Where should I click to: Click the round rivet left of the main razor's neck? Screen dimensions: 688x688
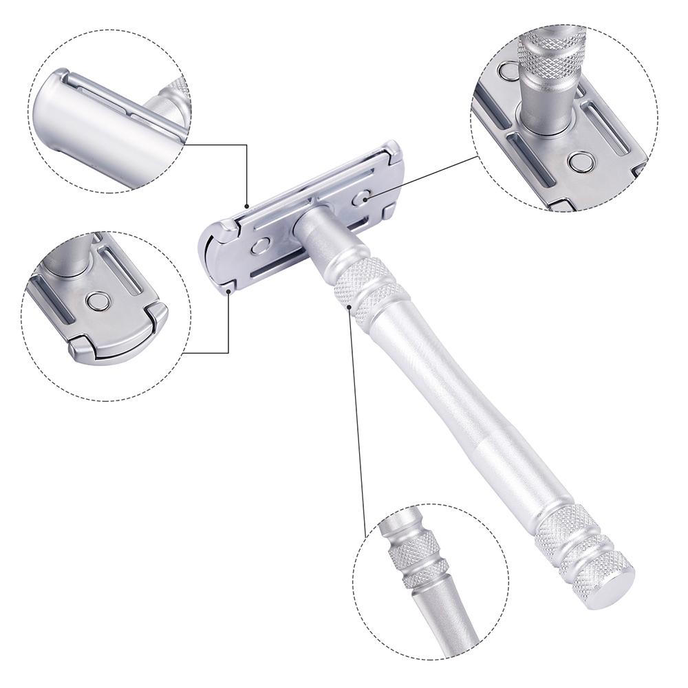click(261, 246)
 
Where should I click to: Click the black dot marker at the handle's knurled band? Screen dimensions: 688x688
click(350, 301)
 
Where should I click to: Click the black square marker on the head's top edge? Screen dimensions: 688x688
click(247, 204)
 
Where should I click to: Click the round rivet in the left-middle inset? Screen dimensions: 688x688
click(97, 301)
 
